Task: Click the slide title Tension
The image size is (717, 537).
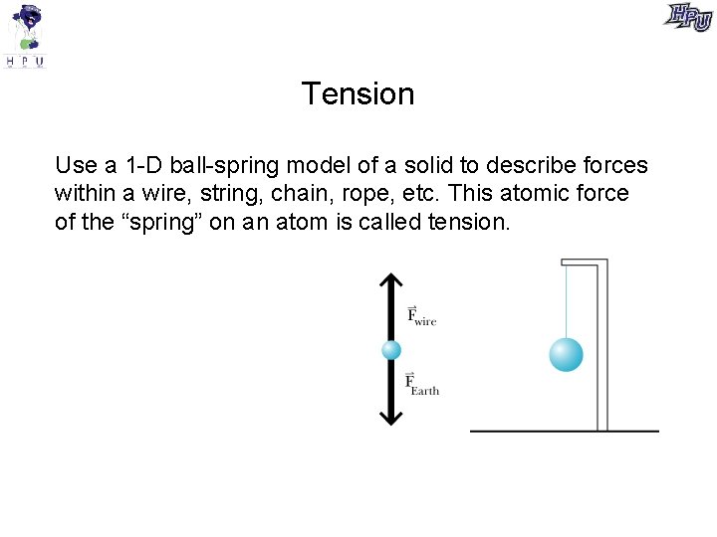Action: point(358,93)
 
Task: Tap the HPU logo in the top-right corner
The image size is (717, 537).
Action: point(689,17)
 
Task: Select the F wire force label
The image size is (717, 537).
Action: point(421,316)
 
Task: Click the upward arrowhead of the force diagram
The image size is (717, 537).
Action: point(391,283)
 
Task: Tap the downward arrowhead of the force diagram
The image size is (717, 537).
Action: point(391,416)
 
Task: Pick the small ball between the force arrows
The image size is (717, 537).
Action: point(391,350)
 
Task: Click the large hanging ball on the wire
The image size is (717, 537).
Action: point(566,355)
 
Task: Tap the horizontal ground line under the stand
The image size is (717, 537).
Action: point(564,431)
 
